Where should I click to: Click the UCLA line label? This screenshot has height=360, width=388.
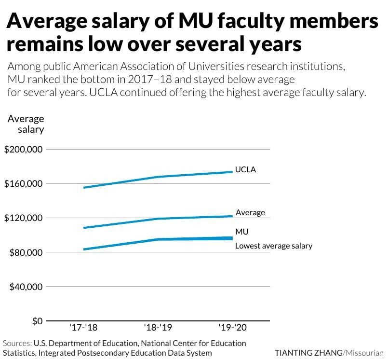pyautogui.click(x=245, y=170)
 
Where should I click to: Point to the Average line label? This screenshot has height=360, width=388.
pyautogui.click(x=250, y=213)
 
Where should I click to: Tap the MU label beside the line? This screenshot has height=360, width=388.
pyautogui.click(x=242, y=232)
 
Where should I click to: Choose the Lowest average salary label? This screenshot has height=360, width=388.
pyautogui.click(x=274, y=246)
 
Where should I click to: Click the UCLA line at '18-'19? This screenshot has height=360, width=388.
pyautogui.click(x=158, y=177)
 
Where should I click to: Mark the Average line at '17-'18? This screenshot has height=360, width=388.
pyautogui.click(x=84, y=228)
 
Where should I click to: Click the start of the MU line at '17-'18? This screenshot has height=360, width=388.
pyautogui.click(x=84, y=249)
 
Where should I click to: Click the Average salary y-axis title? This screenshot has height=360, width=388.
pyautogui.click(x=26, y=124)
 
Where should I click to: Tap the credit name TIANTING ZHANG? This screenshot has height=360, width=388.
pyautogui.click(x=308, y=353)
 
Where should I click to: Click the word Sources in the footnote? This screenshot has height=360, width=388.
pyautogui.click(x=17, y=343)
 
